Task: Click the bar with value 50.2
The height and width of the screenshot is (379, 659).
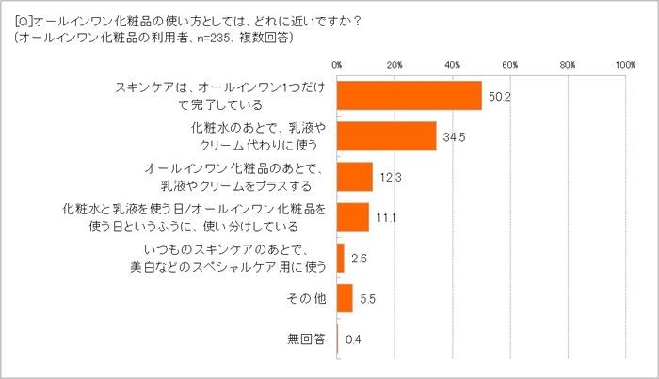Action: [x=409, y=96]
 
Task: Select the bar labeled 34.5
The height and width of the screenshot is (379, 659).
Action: [x=386, y=136]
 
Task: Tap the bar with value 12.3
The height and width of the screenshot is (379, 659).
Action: [x=354, y=177]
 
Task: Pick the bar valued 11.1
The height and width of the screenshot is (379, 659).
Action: [x=352, y=217]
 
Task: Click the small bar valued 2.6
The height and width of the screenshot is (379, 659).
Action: [x=340, y=258]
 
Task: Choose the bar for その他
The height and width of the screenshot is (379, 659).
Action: [x=345, y=298]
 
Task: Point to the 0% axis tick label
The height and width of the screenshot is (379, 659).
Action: [x=337, y=65]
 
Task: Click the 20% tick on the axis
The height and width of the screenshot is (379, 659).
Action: [x=394, y=65]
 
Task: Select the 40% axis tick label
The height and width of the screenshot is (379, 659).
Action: [x=452, y=65]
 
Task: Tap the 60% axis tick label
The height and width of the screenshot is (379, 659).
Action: [x=509, y=65]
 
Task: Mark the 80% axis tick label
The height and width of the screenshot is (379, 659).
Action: [x=567, y=65]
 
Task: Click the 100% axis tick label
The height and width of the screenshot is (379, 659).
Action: [x=623, y=65]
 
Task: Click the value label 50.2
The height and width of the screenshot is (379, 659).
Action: [x=498, y=96]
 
